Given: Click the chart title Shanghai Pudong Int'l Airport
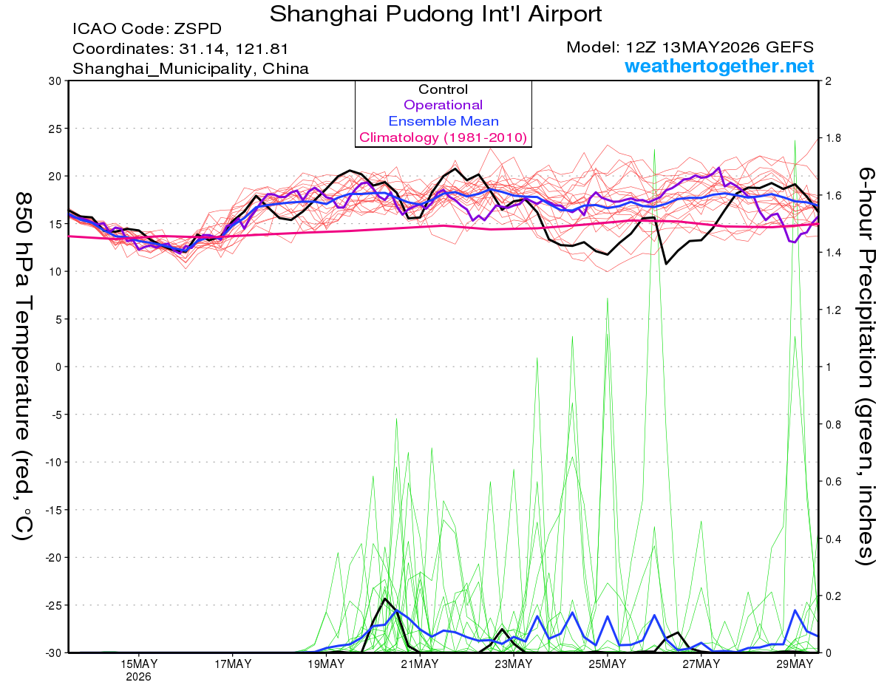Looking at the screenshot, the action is [435, 14].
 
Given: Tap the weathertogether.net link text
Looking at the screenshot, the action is [719, 66].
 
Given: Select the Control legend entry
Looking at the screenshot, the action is [443, 89].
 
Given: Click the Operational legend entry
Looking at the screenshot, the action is [443, 105].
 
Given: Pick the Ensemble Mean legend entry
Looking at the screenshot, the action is [443, 121].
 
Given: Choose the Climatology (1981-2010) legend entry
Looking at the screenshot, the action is [443, 137].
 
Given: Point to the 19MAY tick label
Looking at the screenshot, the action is [326, 664].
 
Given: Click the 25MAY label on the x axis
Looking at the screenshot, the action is [607, 664].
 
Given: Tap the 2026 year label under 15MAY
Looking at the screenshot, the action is [138, 678].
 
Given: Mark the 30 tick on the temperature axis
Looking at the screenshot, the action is [55, 81].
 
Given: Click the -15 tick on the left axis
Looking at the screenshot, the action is [53, 510].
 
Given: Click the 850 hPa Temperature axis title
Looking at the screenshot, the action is [23, 367].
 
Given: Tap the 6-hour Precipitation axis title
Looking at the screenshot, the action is [865, 367].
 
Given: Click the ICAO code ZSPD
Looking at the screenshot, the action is [197, 29].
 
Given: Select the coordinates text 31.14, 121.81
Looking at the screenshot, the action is [234, 49].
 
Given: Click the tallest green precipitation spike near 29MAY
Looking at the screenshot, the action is [795, 140].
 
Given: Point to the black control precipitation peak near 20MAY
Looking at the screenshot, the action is [384, 599].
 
